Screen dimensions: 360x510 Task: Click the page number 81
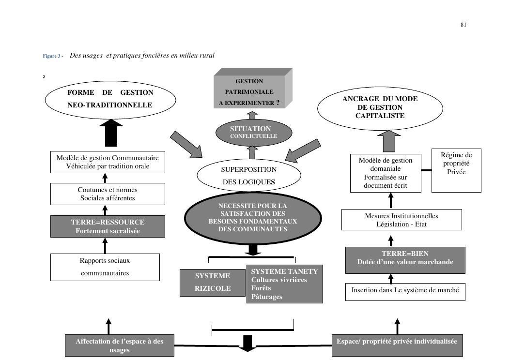point(463,25)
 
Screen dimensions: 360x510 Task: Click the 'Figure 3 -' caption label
point(53,56)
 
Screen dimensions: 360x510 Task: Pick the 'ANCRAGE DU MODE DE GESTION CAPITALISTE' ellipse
point(380,107)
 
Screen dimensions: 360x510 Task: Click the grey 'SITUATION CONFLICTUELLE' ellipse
point(253,132)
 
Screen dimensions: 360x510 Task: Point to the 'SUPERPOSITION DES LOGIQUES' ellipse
point(248,176)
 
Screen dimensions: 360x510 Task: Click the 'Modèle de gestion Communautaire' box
point(108,162)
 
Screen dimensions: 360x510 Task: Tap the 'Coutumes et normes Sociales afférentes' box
point(108,194)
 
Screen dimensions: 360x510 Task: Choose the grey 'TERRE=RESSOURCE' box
point(108,226)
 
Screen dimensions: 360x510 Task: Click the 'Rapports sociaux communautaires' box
point(105,267)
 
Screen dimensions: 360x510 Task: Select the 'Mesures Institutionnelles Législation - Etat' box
point(401,220)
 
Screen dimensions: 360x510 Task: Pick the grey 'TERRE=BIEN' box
point(405,258)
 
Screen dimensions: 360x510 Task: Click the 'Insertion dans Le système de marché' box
point(405,292)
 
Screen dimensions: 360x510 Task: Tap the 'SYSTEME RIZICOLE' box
point(213,282)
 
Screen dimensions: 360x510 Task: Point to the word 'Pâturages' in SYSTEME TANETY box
point(266,297)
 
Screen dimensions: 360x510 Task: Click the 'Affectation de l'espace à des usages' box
point(119,345)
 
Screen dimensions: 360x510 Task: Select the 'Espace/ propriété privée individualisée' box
point(397,341)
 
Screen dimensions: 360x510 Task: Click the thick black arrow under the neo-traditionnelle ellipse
point(111,133)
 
